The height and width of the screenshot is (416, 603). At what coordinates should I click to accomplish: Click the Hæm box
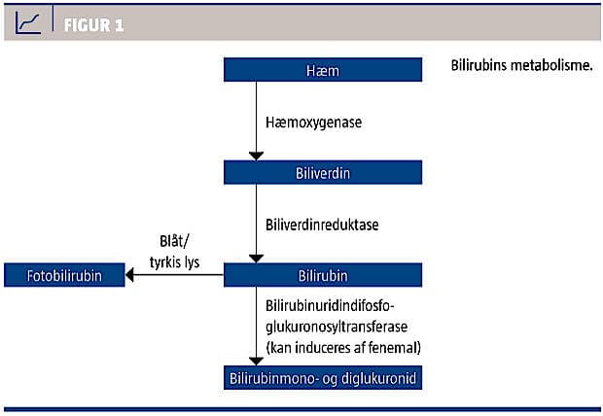coord(323,70)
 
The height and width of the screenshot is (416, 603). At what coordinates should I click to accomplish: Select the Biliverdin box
coord(323,172)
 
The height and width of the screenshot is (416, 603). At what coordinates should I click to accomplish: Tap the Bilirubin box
coord(323,275)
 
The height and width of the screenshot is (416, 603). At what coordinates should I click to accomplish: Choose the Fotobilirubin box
coord(64,275)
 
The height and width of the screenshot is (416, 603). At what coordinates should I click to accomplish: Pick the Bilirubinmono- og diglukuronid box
coord(323,377)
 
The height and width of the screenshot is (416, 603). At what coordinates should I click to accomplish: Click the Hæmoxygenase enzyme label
coord(314,122)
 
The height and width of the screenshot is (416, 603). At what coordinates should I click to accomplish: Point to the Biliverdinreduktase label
coord(322,225)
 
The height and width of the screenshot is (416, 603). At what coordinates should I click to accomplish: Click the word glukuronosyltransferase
coord(337,328)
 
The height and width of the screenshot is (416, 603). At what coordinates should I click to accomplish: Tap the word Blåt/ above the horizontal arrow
coord(174,241)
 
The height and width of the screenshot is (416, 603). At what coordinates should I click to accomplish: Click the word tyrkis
coord(163,262)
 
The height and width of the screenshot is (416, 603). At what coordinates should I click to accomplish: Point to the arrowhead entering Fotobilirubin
coord(130,275)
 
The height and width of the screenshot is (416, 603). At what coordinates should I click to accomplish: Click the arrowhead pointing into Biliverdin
coord(256,156)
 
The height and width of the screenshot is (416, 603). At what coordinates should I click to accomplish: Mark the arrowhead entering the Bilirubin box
coord(256,259)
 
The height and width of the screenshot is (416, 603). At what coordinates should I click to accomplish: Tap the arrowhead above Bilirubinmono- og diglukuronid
coord(256,361)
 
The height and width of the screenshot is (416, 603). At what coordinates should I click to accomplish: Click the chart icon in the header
coord(27,22)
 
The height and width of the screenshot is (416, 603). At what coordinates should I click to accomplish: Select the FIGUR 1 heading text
coord(93,25)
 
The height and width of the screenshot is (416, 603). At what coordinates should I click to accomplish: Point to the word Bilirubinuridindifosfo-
coord(330,306)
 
